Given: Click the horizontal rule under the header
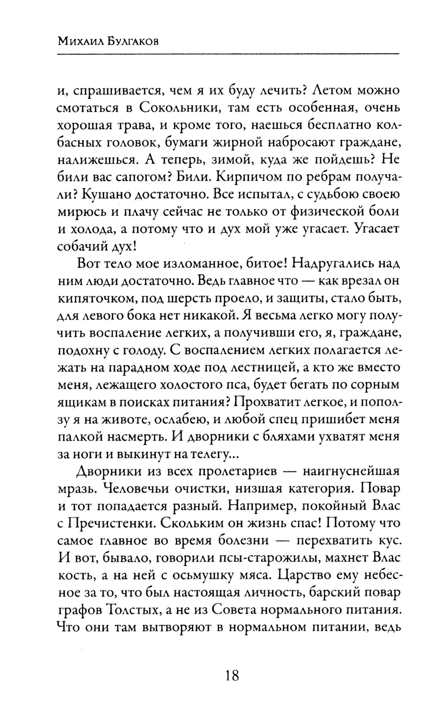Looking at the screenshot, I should tap(228, 54).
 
